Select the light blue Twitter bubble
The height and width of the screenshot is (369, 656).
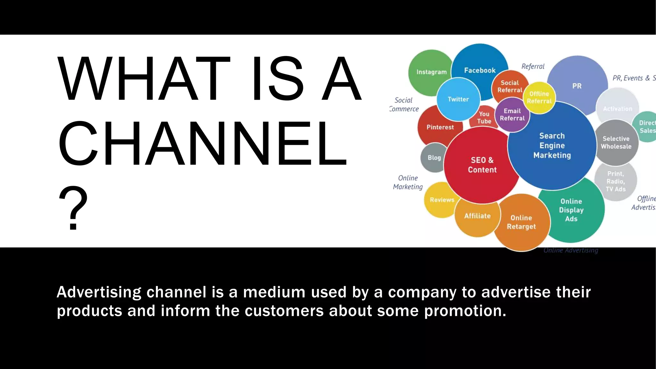pos(458,99)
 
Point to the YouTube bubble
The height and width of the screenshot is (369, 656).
pos(484,118)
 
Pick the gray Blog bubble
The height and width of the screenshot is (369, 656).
pos(434,158)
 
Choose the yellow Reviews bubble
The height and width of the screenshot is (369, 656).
pos(441,200)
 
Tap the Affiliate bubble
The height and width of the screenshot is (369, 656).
pos(477,216)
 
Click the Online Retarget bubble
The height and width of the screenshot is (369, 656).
pos(521,222)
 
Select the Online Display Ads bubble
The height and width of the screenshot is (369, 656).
pos(571,210)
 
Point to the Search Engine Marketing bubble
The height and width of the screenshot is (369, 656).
pos(552,145)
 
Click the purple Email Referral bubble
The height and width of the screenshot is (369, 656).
pos(512,115)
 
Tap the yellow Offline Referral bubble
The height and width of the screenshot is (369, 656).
pos(539,97)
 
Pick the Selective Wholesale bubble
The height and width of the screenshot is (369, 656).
pos(616,143)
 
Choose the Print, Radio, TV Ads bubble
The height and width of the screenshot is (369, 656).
pos(615,181)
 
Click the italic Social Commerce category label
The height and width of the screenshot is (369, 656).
pos(404,104)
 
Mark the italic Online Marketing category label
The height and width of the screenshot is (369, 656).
pos(408,182)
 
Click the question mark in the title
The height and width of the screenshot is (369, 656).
pos(73,208)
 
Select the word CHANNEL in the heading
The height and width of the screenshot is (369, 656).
pos(202,143)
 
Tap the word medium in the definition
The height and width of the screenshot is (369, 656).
pos(274,292)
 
